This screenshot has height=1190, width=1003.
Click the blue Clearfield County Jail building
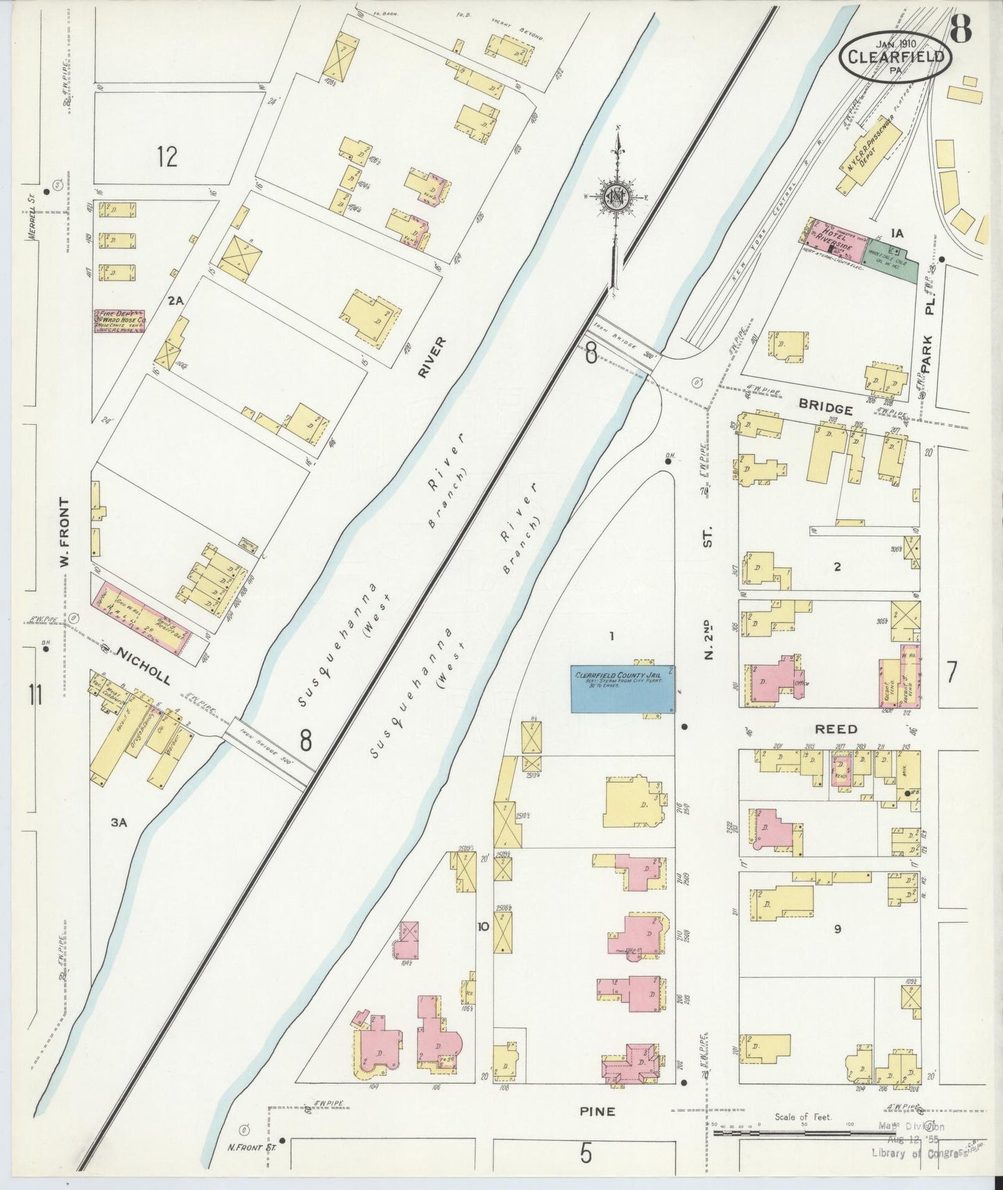[x=623, y=689]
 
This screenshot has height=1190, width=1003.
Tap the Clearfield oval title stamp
[x=895, y=56]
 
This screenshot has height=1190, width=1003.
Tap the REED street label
[x=836, y=729]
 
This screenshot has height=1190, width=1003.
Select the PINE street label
[x=597, y=1112]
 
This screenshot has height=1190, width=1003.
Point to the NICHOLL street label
[x=142, y=666]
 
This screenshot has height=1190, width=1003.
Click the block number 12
[x=167, y=156]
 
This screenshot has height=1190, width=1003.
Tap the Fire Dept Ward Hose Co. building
[x=119, y=321]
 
